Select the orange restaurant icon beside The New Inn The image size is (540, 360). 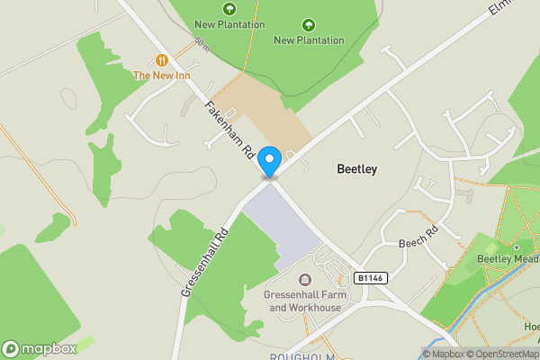coord(162,59)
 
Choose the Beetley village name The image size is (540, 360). coord(356,168)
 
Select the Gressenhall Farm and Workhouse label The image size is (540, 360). coord(302,301)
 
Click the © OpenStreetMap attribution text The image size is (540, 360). coord(502,354)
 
